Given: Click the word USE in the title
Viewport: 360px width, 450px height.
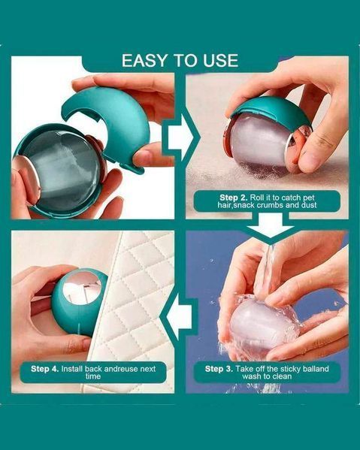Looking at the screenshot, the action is point(221,61).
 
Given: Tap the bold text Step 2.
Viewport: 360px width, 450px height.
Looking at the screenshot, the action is point(234,198).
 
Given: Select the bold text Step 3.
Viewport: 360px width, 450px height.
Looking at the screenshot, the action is point(219,369).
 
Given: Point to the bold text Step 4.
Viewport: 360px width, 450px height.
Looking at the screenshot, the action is point(45,369).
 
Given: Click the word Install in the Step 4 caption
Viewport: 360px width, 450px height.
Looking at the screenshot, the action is point(72,369).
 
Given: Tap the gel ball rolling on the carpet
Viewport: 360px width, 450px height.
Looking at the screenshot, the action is point(259,143).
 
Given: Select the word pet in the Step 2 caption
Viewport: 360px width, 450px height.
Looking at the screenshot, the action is point(309,198).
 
